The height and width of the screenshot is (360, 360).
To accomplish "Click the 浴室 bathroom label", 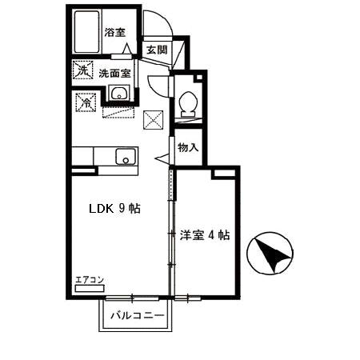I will [115, 33].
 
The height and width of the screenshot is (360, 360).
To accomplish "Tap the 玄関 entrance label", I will [156, 50].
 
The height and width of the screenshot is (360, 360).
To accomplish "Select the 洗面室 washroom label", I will [115, 73].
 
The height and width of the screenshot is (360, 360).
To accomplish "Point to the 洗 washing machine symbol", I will [82, 70].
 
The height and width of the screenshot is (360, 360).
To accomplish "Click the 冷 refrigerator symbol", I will [86, 102].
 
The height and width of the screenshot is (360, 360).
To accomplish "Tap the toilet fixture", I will [187, 102].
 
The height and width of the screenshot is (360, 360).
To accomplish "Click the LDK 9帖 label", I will [114, 209].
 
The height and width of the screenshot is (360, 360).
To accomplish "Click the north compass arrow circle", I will [270, 255].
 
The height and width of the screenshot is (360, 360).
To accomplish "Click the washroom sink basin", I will [121, 93].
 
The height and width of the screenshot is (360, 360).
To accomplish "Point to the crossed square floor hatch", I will [154, 120].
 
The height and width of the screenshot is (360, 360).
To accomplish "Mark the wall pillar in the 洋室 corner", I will [218, 172].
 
